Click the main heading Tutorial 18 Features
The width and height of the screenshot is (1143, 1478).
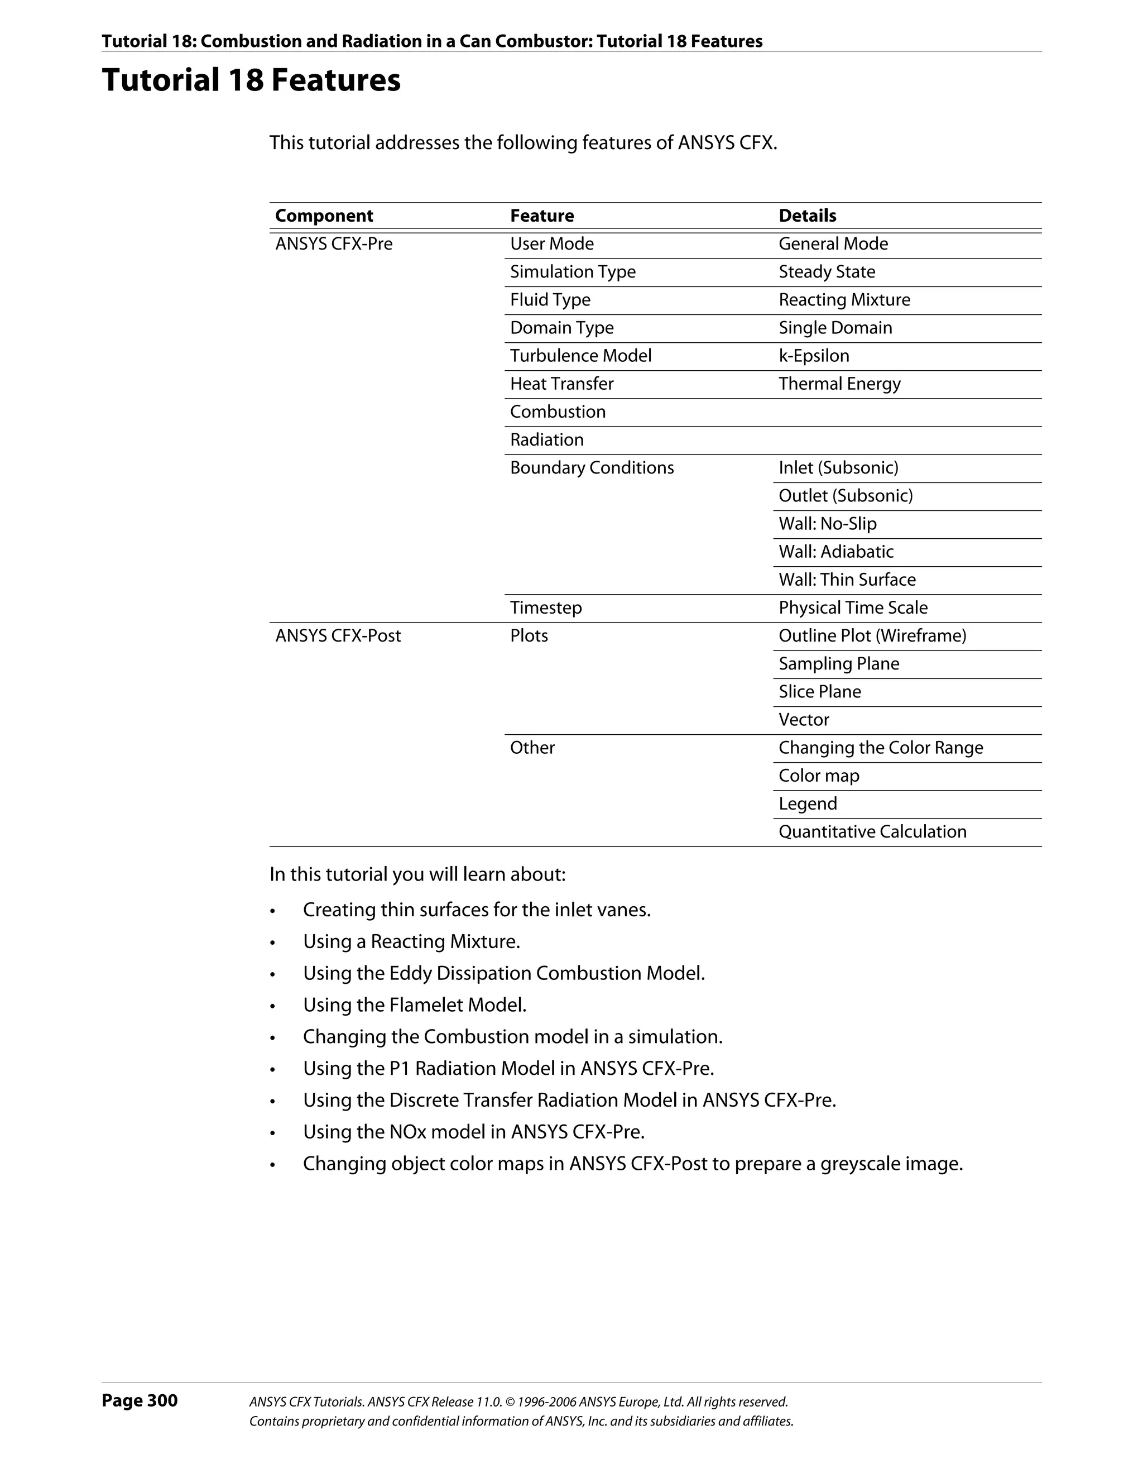(251, 80)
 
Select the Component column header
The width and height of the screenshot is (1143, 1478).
(324, 216)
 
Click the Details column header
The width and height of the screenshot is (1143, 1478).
(807, 216)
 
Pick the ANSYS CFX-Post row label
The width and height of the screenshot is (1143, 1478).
(338, 635)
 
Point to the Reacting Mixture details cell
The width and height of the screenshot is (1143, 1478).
(844, 300)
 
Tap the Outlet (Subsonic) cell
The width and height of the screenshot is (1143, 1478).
(846, 495)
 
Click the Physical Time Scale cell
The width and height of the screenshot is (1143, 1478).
(853, 608)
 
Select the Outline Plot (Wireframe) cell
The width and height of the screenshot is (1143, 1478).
(872, 635)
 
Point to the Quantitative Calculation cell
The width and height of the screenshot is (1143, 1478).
(872, 832)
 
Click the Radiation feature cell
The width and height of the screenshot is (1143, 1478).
(546, 440)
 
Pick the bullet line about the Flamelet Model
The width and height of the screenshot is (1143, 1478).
(414, 1005)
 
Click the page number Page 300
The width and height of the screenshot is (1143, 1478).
(140, 1400)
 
